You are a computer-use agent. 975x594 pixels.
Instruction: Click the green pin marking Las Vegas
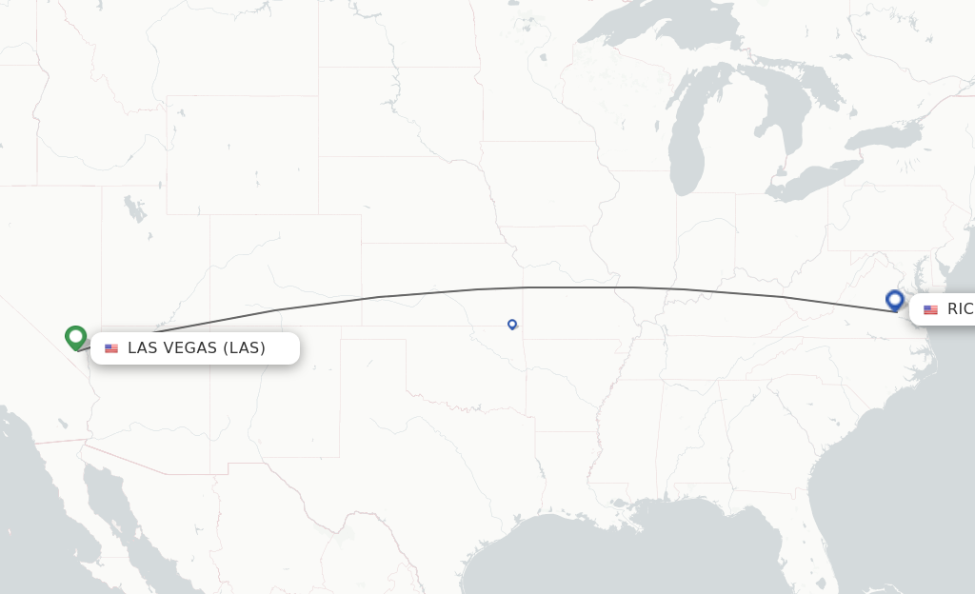point(76,336)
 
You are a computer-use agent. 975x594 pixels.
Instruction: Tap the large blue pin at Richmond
point(895,300)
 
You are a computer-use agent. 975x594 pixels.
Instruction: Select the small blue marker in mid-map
point(512,324)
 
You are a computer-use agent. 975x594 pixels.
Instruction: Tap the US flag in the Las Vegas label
point(111,348)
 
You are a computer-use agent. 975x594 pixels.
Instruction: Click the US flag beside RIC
point(930,309)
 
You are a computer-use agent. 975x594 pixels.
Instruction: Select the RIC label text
point(960,309)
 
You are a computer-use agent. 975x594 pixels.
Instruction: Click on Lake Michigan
point(686,152)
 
